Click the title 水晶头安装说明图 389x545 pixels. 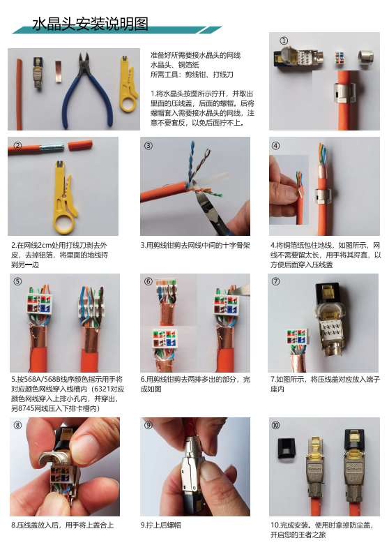(91, 24)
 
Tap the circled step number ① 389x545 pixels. (284, 40)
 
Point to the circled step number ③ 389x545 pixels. (148, 146)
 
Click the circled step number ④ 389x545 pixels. (276, 146)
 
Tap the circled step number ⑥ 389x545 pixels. (148, 282)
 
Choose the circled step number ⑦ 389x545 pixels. (276, 282)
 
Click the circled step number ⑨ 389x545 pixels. (148, 425)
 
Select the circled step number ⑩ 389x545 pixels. (276, 425)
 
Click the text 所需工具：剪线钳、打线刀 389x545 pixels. (192, 73)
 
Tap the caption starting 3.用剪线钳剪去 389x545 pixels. (195, 246)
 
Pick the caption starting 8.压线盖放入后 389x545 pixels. (62, 524)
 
